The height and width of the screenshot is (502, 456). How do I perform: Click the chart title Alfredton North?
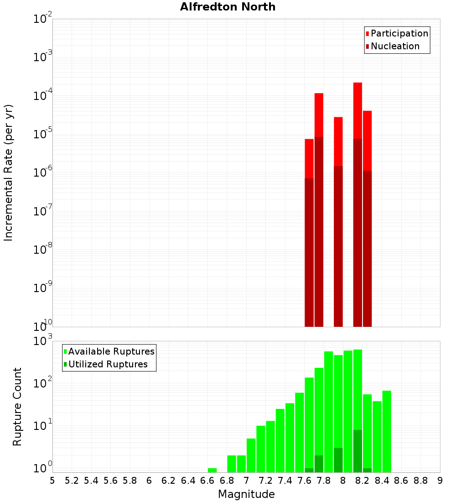pos(228,7)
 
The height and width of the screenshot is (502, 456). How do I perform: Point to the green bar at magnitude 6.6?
pos(212,470)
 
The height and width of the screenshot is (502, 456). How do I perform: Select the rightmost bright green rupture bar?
pos(387,431)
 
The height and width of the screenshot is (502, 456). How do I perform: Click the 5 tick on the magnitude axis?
pos(52,480)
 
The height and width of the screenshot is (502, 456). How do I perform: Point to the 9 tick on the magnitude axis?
pos(440,480)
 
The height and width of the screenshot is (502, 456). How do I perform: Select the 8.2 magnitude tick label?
pos(363,480)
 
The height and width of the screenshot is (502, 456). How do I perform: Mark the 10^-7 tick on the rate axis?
pos(43,212)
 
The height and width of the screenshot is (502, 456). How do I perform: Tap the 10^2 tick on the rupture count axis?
pos(43,383)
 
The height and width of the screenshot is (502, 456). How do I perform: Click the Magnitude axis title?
pos(246,494)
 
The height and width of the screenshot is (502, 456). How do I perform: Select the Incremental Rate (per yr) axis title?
pos(9,173)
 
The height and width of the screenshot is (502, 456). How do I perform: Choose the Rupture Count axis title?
pos(17,407)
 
